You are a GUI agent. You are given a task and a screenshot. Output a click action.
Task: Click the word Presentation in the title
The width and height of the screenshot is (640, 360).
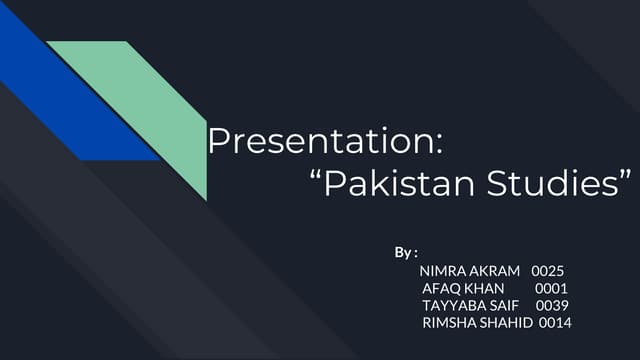(x=319, y=142)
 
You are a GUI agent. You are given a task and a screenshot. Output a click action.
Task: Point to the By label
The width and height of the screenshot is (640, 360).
(x=405, y=250)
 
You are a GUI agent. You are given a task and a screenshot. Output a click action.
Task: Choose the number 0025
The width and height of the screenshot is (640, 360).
(x=549, y=270)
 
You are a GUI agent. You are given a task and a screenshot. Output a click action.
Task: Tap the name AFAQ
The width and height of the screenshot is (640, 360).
(x=441, y=288)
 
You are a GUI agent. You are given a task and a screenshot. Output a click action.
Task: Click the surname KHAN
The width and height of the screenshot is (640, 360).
(x=484, y=288)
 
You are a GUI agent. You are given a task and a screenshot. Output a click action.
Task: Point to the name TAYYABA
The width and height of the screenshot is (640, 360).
(x=453, y=305)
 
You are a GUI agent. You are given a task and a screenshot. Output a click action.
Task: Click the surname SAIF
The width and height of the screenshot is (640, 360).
(x=503, y=305)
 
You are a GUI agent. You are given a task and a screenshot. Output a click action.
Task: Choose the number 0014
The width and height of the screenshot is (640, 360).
(x=555, y=322)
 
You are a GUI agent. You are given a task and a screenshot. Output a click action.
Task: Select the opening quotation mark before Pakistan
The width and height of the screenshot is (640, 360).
(x=318, y=176)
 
